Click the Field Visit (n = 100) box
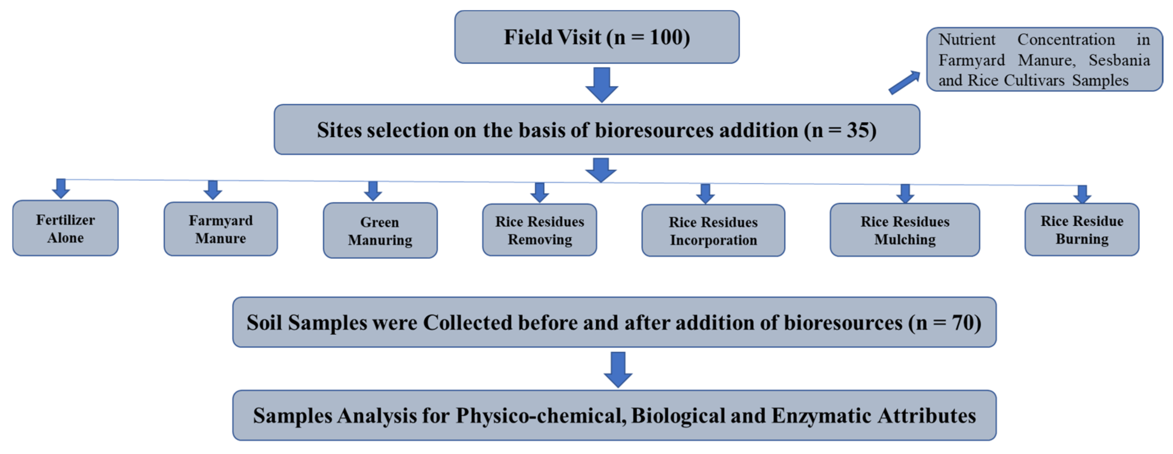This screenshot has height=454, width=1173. [x=597, y=37]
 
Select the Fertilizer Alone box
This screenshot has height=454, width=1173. [x=66, y=228]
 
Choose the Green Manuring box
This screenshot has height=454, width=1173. [x=380, y=231]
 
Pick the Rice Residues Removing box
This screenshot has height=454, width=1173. [x=540, y=230]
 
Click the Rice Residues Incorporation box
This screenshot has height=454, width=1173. [x=713, y=231]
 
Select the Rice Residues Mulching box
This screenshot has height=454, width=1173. [x=905, y=230]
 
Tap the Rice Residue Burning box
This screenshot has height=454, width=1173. [x=1082, y=230]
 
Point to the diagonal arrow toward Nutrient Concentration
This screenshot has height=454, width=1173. [x=904, y=83]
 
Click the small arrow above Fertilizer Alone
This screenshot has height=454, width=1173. [x=60, y=188]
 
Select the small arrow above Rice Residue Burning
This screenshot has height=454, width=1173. [x=1082, y=194]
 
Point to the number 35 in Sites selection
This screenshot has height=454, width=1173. [x=858, y=130]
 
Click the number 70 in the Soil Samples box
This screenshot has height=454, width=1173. [x=963, y=323]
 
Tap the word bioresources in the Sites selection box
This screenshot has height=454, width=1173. [x=655, y=130]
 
